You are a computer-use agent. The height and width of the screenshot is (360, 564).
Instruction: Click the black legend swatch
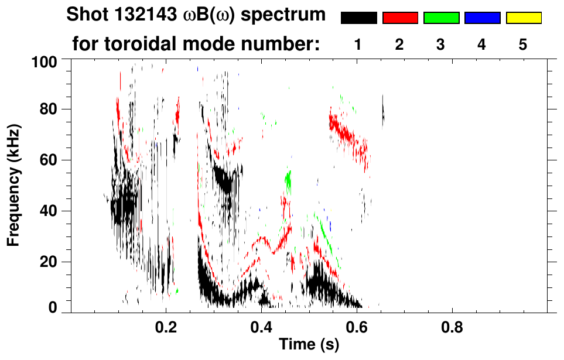tap(358, 18)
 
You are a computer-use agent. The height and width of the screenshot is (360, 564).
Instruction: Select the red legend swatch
tap(400, 18)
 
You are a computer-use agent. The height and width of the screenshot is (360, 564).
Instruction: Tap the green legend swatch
tap(441, 18)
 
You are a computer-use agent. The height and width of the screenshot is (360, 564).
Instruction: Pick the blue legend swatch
tap(482, 18)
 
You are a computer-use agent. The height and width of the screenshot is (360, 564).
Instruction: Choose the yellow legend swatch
tap(524, 18)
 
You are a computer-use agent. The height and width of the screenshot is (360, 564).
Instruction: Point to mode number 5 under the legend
tap(523, 45)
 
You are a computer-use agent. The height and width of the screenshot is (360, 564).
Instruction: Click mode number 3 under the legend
tap(440, 45)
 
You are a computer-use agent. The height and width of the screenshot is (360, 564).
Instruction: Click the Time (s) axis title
tap(309, 345)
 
